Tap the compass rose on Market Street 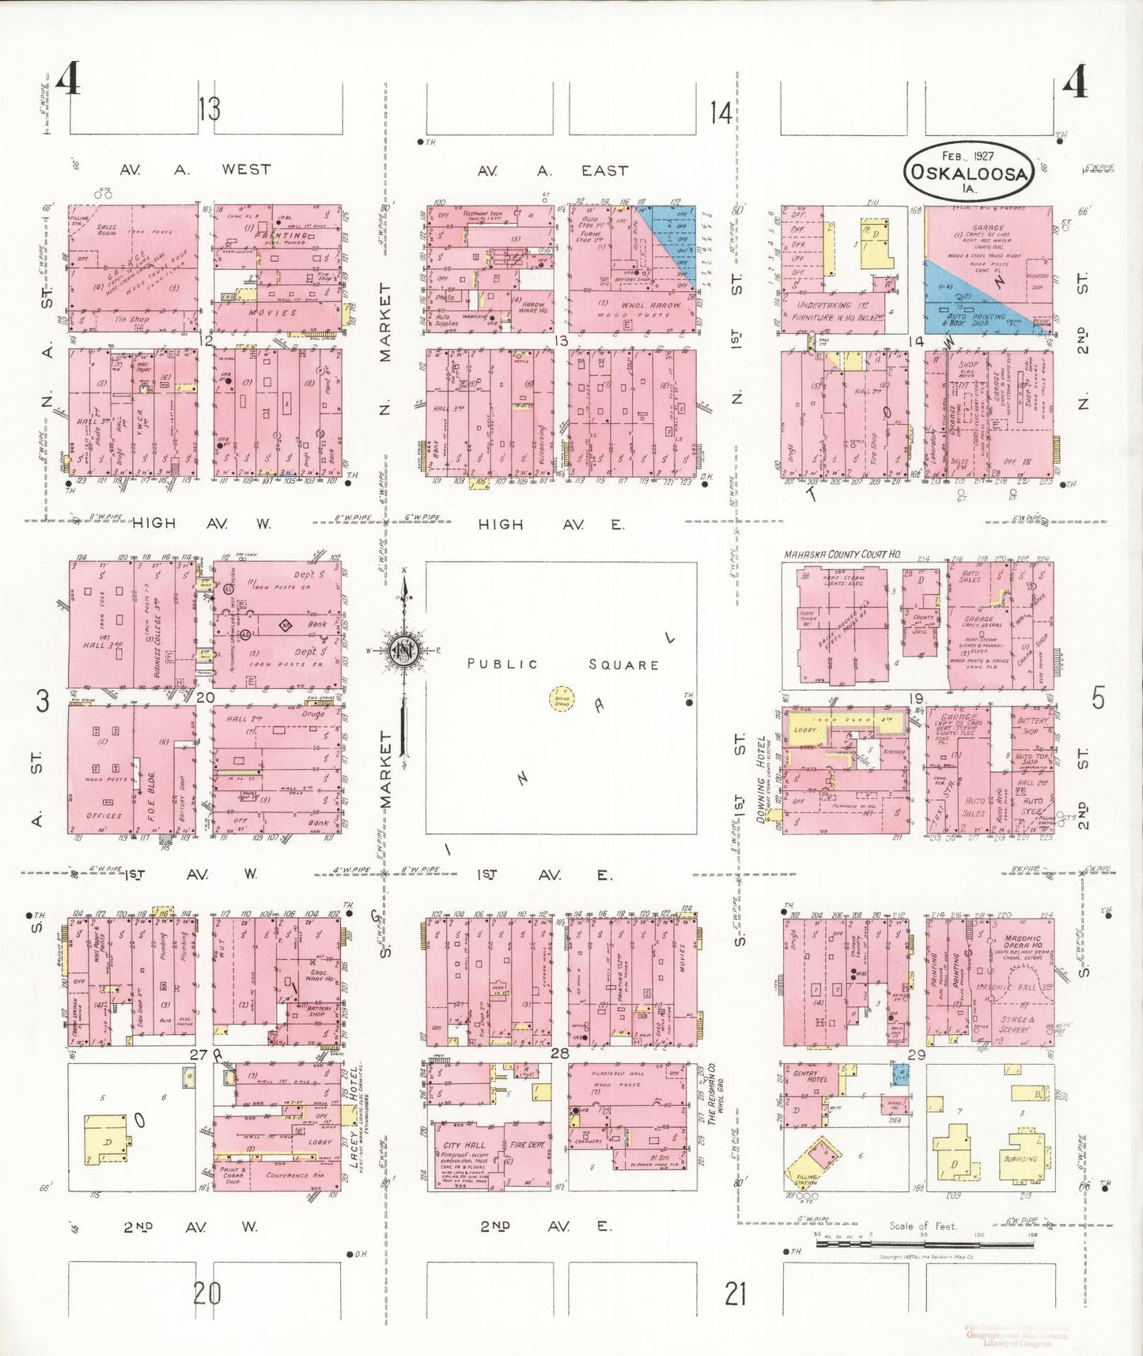404,650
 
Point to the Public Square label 562,665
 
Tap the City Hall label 464,1145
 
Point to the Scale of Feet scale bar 924,1244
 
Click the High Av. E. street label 551,525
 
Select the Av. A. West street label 195,169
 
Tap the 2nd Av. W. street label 190,1227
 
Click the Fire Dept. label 528,1145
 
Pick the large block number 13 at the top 209,109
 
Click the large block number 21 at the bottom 735,1294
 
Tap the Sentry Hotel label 810,1078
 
